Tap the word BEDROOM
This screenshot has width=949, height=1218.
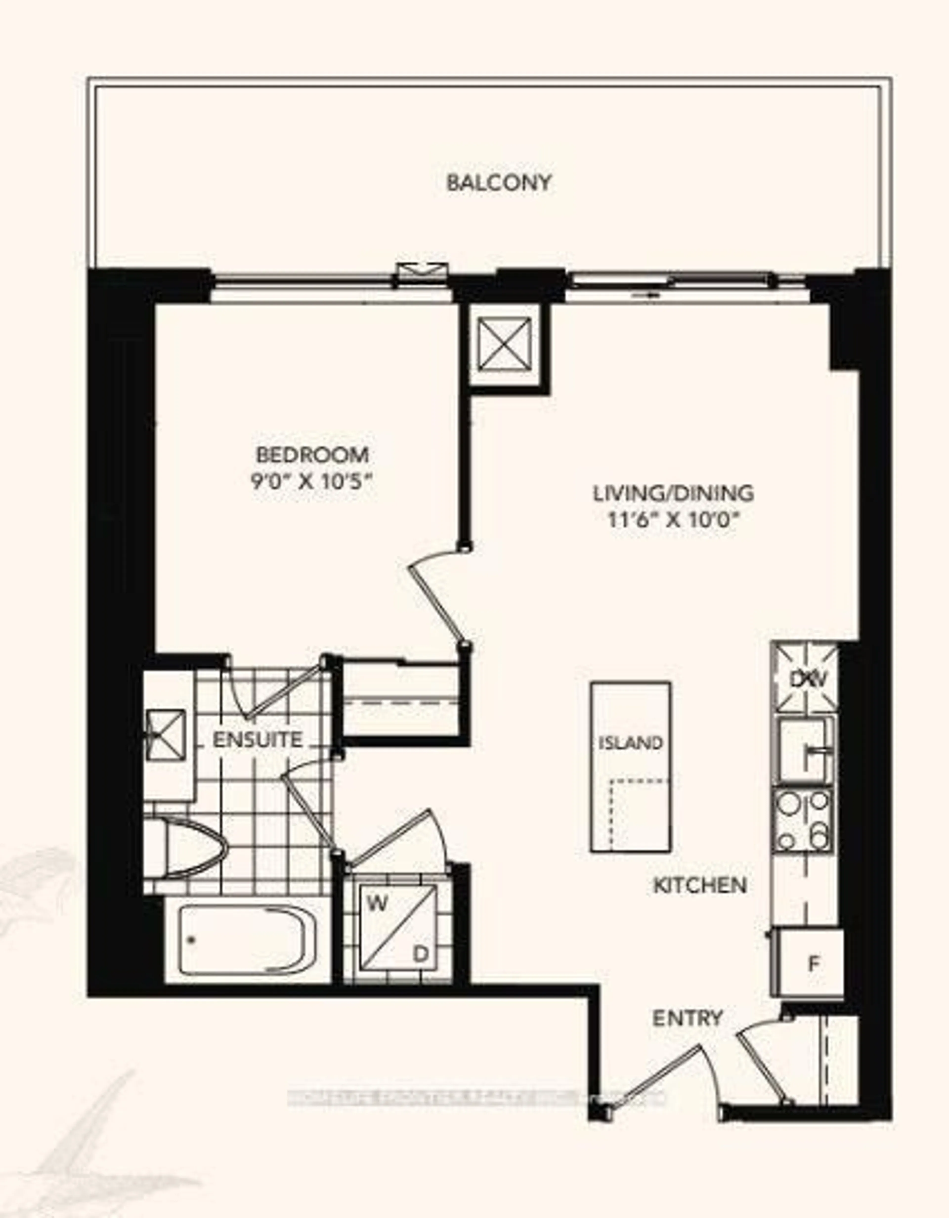pyautogui.click(x=312, y=455)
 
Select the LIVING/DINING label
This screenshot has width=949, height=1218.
pyautogui.click(x=673, y=493)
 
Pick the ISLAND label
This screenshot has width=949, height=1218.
pyautogui.click(x=630, y=743)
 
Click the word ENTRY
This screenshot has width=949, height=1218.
pyautogui.click(x=687, y=1018)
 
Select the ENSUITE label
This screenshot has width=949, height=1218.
pyautogui.click(x=258, y=740)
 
